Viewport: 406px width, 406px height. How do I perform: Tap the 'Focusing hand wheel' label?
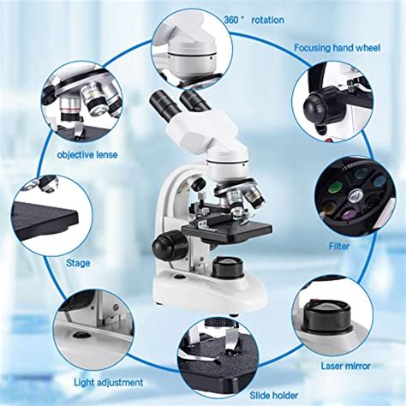click(347, 49)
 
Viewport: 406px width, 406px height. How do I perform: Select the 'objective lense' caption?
click(87, 155)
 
